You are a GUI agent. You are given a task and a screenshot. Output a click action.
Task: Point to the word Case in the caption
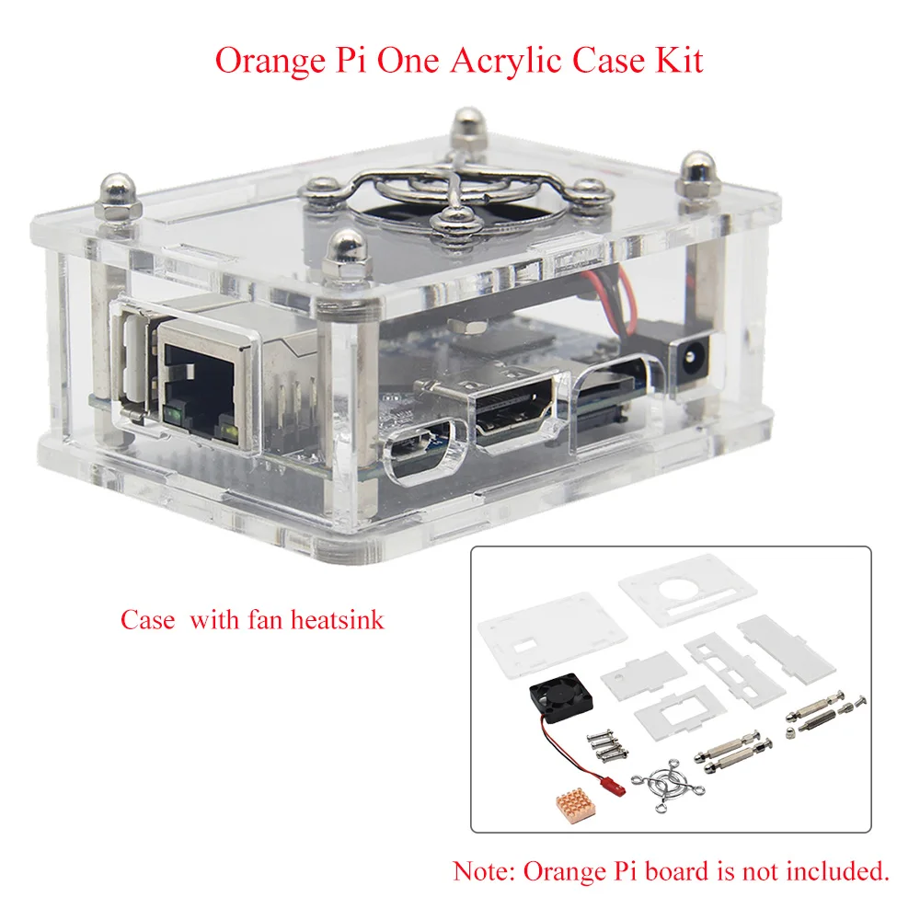pos(147,620)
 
